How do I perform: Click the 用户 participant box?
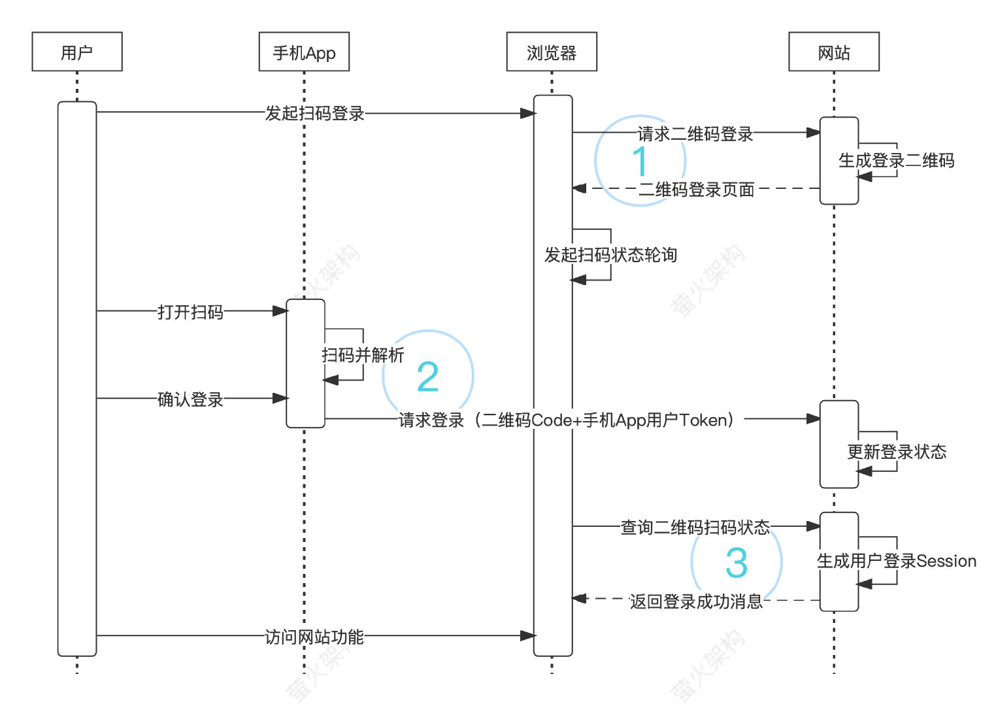click(x=77, y=52)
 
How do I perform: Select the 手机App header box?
click(x=304, y=52)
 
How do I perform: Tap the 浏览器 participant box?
click(x=552, y=52)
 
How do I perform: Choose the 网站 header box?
click(x=834, y=52)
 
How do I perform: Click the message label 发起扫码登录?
click(x=314, y=113)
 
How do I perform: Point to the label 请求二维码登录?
click(x=695, y=134)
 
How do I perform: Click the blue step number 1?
click(x=640, y=161)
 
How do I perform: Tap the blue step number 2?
click(x=428, y=377)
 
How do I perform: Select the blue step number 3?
click(x=737, y=563)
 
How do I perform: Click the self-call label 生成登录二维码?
click(x=896, y=160)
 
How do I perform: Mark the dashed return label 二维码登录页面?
click(x=696, y=190)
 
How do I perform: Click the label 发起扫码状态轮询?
click(x=610, y=255)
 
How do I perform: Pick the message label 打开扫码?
click(x=190, y=312)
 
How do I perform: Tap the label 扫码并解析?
click(x=363, y=355)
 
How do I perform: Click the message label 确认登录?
click(x=190, y=399)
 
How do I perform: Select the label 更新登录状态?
click(x=897, y=452)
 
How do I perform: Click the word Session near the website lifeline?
click(x=946, y=561)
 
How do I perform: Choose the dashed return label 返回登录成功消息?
click(x=696, y=601)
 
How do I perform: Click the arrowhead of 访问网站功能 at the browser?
click(x=528, y=635)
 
